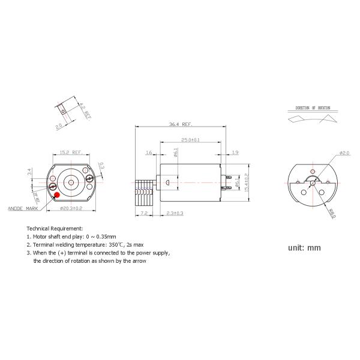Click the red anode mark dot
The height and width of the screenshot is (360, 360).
click(x=56, y=194)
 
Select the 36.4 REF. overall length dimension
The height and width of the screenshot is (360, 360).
click(x=181, y=125)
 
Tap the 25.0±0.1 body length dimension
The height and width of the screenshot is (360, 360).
click(x=190, y=140)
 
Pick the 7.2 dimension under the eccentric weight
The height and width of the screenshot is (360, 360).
click(x=144, y=213)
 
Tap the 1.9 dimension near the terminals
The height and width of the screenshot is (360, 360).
click(x=235, y=153)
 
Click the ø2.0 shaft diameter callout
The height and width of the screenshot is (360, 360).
click(x=344, y=153)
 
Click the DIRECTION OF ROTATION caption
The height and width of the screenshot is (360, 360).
click(x=311, y=108)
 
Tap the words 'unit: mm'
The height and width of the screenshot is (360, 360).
click(x=305, y=247)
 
